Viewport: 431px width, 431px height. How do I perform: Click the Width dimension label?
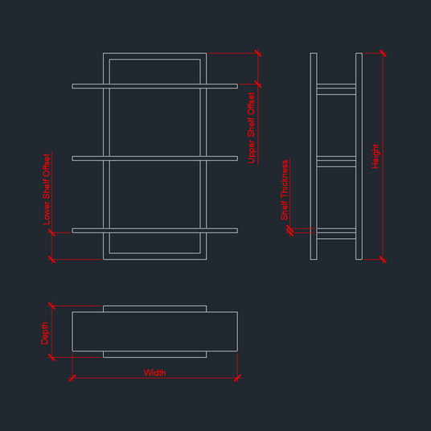[x=154, y=373]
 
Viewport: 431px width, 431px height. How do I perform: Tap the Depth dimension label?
[x=44, y=333]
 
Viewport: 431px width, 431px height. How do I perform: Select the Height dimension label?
[x=376, y=156]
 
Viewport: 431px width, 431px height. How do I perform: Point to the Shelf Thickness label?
[x=284, y=190]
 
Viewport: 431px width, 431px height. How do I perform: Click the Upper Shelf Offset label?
[x=251, y=128]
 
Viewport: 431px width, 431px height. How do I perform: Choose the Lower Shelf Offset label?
[x=47, y=190]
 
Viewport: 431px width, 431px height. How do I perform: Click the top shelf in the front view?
[x=154, y=86]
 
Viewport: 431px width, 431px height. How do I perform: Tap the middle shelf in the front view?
[x=154, y=158]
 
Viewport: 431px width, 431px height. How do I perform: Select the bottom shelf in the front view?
[x=154, y=231]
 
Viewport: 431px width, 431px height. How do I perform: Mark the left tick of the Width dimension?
[x=72, y=378]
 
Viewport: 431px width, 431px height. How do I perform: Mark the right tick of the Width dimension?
[x=237, y=378]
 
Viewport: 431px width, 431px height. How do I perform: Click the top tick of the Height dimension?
[x=383, y=53]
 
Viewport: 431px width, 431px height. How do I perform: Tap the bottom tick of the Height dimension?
[x=383, y=259]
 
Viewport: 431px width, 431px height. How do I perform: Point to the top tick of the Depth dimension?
[x=51, y=306]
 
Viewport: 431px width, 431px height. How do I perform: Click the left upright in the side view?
[x=314, y=156]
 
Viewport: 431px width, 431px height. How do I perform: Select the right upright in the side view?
[x=359, y=156]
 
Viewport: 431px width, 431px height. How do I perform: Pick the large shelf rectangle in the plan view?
[x=154, y=312]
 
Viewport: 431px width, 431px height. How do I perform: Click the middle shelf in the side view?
[x=336, y=162]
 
